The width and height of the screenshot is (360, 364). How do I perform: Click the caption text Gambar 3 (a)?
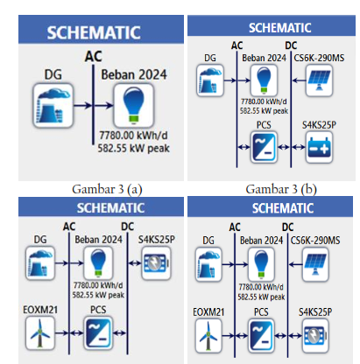click(x=107, y=189)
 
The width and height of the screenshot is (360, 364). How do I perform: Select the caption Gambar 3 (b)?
click(x=281, y=189)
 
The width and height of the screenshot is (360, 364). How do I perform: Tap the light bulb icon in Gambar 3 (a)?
click(x=134, y=105)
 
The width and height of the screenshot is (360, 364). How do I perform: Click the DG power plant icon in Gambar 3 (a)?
click(x=53, y=106)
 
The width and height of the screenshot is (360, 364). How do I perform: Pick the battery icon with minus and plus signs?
click(x=319, y=147)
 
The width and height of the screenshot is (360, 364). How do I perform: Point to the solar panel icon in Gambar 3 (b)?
click(x=319, y=80)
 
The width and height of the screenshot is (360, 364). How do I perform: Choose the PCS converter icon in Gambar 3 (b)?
click(x=264, y=147)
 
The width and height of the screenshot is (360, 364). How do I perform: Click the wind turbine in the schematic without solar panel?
click(x=40, y=332)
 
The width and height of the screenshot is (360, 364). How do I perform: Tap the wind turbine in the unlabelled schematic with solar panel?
click(x=208, y=335)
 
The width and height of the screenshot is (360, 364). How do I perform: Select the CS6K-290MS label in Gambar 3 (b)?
click(x=319, y=58)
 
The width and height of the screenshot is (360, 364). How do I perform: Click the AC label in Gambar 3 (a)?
click(x=94, y=56)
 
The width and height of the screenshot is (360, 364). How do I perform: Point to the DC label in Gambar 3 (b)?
click(x=291, y=45)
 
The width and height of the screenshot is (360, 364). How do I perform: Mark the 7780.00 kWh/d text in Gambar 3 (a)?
click(x=133, y=136)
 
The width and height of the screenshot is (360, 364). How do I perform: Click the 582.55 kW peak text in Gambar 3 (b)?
click(x=264, y=111)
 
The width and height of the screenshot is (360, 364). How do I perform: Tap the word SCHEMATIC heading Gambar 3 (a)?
click(x=94, y=32)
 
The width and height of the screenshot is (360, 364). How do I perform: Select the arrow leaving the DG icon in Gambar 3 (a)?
click(x=83, y=105)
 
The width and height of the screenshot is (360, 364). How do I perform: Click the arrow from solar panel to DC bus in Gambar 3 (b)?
click(x=299, y=80)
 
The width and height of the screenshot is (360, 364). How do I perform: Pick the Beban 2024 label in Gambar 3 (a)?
click(x=134, y=74)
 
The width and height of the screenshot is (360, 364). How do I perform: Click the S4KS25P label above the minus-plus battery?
click(x=319, y=125)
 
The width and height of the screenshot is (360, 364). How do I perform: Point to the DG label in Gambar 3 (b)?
click(x=210, y=58)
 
